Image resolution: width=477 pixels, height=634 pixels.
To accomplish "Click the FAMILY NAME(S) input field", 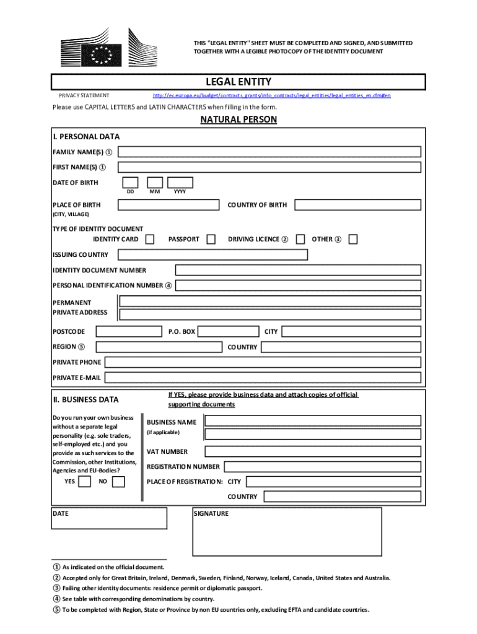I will (269, 152).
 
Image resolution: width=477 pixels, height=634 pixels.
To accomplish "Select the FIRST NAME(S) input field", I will (269, 167).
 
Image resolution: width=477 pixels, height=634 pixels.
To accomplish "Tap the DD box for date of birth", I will (130, 182).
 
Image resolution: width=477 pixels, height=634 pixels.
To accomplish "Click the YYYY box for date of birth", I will (181, 182).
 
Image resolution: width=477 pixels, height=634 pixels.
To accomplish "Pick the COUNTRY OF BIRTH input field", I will (357, 205).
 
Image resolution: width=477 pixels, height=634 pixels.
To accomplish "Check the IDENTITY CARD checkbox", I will (150, 239).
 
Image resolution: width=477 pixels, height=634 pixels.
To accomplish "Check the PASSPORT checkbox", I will (211, 239).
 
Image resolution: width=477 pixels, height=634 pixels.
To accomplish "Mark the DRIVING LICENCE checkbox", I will (300, 239).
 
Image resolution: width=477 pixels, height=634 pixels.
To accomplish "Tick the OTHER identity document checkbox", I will (353, 239).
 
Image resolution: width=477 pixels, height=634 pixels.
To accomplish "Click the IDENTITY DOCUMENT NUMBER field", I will (299, 270).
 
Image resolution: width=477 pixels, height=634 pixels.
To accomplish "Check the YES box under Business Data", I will (84, 481).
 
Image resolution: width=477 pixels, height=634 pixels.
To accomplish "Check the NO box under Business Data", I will (118, 481).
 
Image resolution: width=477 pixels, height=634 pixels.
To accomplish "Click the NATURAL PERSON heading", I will (239, 119).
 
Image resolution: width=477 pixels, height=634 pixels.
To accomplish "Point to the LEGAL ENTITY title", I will (239, 82).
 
